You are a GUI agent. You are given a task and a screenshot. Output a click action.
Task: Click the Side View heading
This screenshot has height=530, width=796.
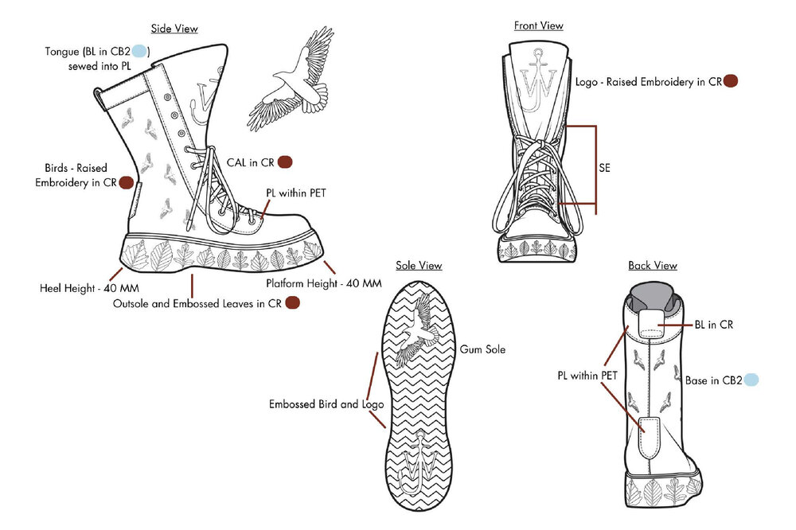coord(174,29)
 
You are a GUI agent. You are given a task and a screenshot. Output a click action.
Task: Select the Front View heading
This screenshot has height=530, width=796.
coord(538,25)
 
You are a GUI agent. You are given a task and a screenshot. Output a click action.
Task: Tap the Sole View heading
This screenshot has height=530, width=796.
coord(419,265)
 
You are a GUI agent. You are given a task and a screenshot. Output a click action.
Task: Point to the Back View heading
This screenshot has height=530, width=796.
coord(653,265)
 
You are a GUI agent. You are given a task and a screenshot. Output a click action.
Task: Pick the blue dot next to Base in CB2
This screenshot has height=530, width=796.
coord(751,380)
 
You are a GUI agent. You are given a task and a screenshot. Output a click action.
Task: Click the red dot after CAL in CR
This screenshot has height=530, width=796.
coord(285,162)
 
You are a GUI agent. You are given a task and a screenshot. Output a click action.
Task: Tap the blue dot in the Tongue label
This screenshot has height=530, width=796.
coord(139,52)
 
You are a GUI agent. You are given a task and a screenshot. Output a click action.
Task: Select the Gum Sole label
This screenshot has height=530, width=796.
coord(482,349)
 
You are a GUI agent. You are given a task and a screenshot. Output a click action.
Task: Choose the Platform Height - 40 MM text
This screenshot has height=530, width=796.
coord(322,284)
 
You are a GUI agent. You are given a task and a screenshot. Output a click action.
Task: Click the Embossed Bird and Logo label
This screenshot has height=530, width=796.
coord(326,403)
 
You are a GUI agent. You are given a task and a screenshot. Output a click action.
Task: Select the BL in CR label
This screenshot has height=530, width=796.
coord(714,325)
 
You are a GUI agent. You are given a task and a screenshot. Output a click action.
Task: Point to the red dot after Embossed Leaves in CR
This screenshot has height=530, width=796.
coord(292,302)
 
